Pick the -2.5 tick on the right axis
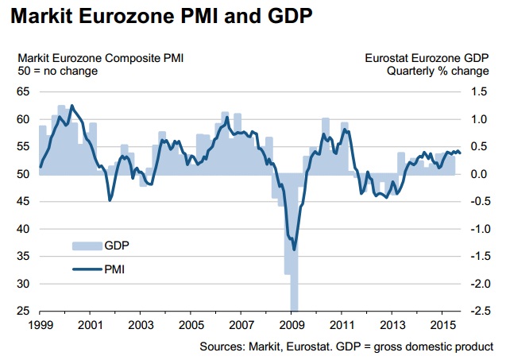click(x=478, y=311)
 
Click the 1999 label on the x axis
click(x=39, y=325)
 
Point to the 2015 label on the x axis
click(x=442, y=325)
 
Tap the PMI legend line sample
click(x=86, y=269)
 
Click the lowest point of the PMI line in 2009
click(x=294, y=249)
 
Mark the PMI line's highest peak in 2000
click(x=72, y=106)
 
